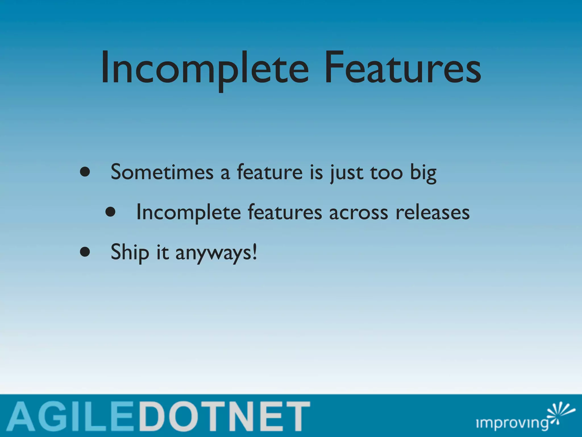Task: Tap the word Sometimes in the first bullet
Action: [x=162, y=172]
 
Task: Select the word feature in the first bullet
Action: [x=270, y=172]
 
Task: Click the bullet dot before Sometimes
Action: [x=85, y=172]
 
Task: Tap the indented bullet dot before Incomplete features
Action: [x=110, y=212]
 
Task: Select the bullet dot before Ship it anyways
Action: [x=85, y=252]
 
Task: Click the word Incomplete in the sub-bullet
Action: [x=188, y=213]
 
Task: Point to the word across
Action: [x=358, y=213]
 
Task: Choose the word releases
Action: [x=433, y=213]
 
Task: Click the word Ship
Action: [x=130, y=252]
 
